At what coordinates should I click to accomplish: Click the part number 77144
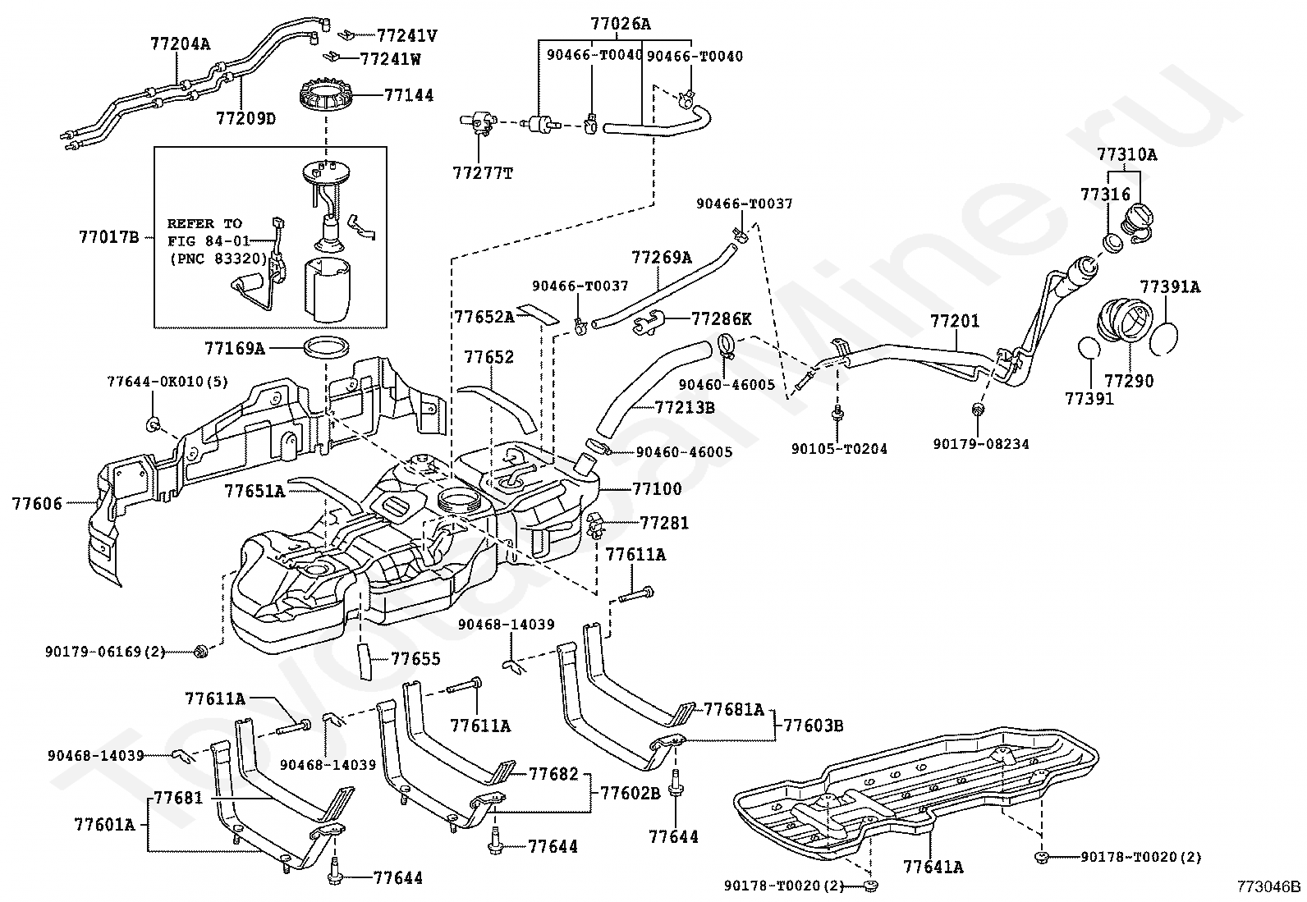pyautogui.click(x=409, y=95)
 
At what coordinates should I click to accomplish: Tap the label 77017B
pyautogui.click(x=109, y=238)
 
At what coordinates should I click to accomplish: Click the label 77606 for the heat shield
pyautogui.click(x=37, y=503)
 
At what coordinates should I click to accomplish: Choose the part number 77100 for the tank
pyautogui.click(x=657, y=489)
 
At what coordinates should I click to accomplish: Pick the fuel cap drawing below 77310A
pyautogui.click(x=1138, y=220)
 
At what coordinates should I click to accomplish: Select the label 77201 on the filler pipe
pyautogui.click(x=955, y=321)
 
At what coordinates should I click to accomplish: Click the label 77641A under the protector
pyautogui.click(x=933, y=866)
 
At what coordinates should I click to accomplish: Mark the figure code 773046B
pyautogui.click(x=1269, y=886)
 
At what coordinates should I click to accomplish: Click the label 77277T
pyautogui.click(x=483, y=173)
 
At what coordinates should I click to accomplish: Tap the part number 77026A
pyautogui.click(x=620, y=24)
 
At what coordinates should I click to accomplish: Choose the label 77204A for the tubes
pyautogui.click(x=180, y=44)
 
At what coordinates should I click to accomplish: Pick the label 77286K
pyautogui.click(x=722, y=318)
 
